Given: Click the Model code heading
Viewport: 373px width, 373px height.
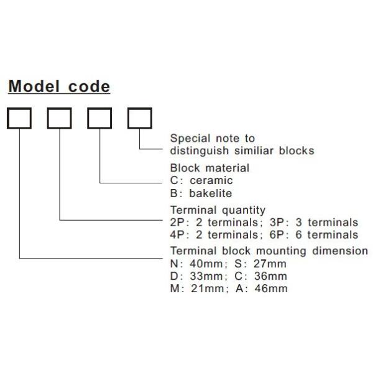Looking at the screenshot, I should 59,86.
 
